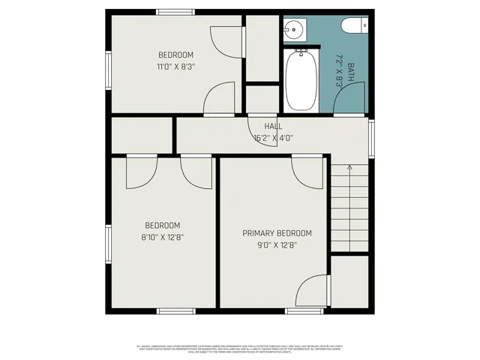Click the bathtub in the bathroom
300,80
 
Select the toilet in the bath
352,27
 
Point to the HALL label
273,127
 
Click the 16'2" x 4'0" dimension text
273,137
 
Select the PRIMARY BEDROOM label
277,233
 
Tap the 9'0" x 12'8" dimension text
277,244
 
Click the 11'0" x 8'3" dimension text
176,66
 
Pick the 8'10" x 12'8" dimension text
163,236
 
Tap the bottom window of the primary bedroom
306,310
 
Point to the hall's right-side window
371,139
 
